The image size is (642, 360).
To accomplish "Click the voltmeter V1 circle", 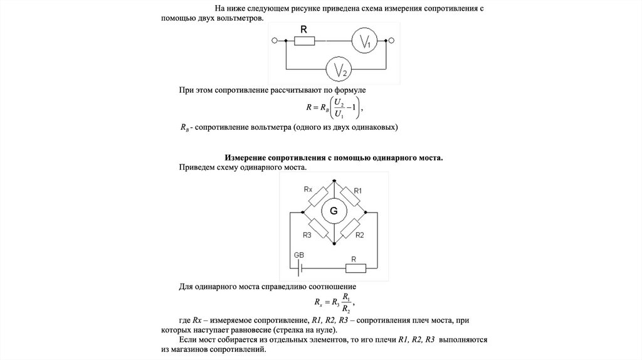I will [x=364, y=41].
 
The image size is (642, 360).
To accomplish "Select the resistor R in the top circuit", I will [x=304, y=41].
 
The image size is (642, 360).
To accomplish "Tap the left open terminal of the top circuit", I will [x=274, y=41].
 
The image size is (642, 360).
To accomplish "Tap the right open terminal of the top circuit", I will [x=392, y=41].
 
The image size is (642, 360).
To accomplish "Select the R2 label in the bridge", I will [x=360, y=235].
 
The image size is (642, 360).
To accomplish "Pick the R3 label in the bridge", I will [x=307, y=235].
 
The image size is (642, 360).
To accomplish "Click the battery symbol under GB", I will [x=300, y=268].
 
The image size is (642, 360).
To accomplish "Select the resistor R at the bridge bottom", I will [x=355, y=268].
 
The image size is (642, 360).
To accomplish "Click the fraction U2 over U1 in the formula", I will [x=339, y=107].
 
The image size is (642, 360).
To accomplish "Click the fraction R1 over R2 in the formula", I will [x=347, y=304].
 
